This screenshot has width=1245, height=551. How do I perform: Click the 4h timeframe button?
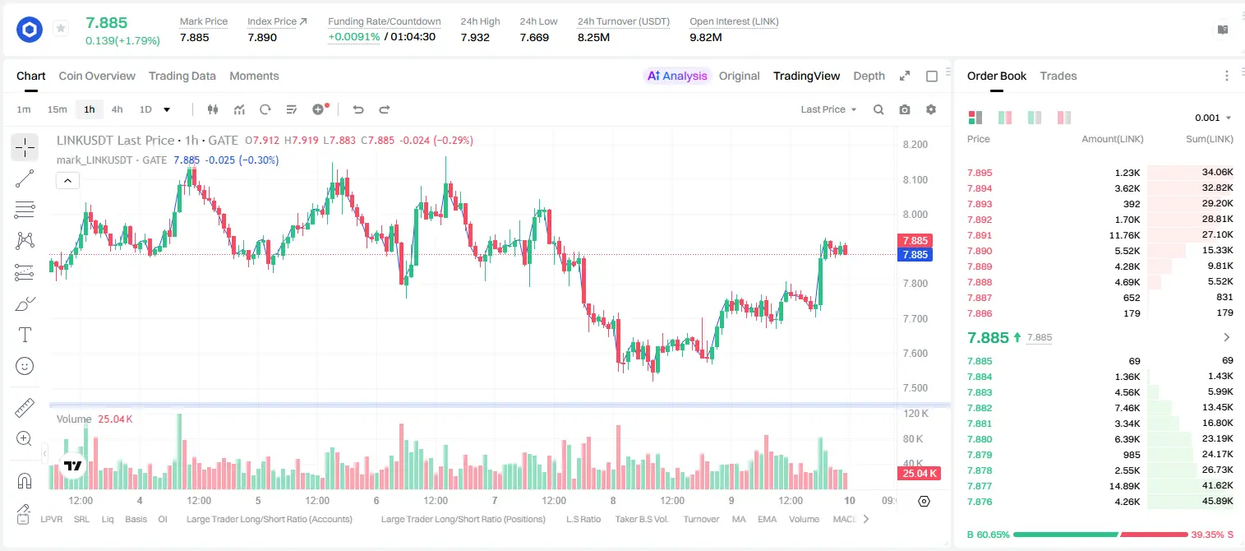(117, 109)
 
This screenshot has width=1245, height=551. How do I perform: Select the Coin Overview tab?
(97, 76)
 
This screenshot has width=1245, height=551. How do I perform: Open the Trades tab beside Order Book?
(1058, 76)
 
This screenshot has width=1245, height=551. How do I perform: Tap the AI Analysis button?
(677, 76)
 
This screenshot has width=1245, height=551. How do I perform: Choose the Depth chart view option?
(869, 76)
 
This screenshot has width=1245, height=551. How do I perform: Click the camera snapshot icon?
(905, 109)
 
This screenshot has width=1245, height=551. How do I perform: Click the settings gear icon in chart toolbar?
(931, 109)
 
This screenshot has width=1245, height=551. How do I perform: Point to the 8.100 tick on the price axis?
(915, 179)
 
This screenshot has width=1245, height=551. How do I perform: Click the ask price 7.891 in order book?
(980, 235)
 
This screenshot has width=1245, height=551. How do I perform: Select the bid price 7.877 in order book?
(980, 486)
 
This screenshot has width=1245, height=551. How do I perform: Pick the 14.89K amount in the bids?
(1124, 486)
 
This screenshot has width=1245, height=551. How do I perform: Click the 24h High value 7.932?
(475, 37)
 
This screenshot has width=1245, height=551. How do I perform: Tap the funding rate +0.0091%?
(354, 37)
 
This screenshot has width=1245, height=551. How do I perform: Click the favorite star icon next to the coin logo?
(61, 28)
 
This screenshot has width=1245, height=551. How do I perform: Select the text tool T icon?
(25, 335)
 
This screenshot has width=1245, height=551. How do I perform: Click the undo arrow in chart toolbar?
(358, 109)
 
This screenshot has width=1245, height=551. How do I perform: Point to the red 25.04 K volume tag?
(919, 473)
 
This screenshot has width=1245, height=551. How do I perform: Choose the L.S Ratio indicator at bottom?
(583, 519)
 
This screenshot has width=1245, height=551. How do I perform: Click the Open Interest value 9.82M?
(705, 37)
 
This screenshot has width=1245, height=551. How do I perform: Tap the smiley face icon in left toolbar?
(25, 366)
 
